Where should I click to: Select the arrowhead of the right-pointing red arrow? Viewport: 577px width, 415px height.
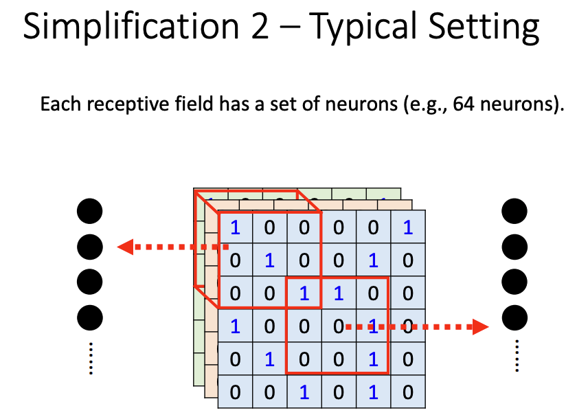point(480,327)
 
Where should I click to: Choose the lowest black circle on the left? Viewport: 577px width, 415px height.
point(90,317)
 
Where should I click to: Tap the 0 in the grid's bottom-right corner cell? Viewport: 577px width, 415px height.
point(408,392)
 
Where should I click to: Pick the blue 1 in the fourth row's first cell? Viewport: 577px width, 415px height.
point(235,326)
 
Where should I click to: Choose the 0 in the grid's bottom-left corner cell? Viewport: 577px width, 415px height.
point(235,392)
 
